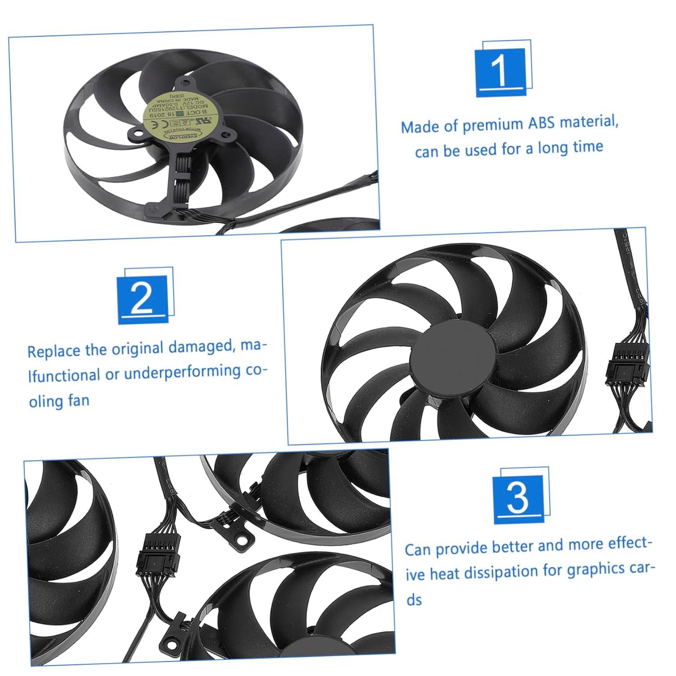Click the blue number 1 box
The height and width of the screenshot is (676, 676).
pyautogui.click(x=500, y=72)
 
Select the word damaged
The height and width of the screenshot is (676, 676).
pyautogui.click(x=200, y=347)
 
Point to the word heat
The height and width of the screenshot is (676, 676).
pyautogui.click(x=445, y=574)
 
